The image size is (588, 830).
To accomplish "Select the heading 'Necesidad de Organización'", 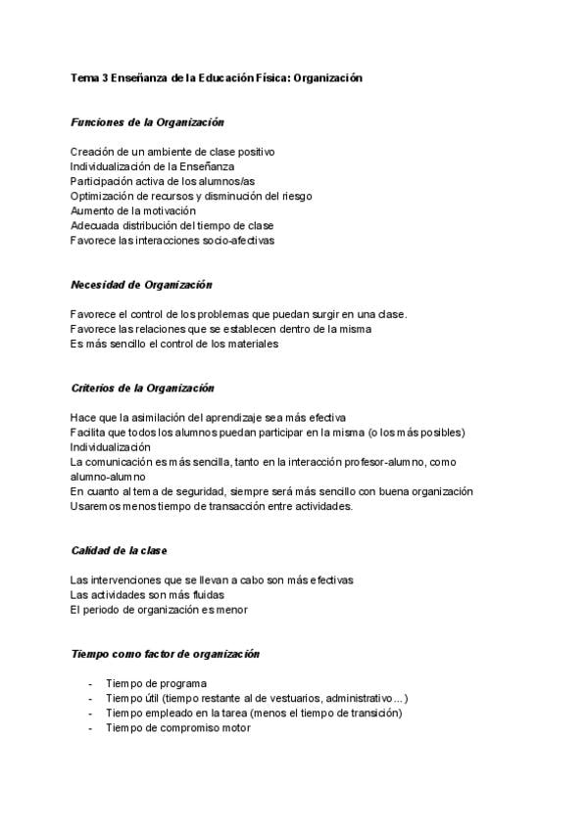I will [x=141, y=285].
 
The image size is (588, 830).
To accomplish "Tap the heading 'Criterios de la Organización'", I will [x=143, y=389].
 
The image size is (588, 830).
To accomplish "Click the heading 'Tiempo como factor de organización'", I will [x=165, y=653].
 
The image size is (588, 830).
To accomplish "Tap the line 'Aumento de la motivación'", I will [x=133, y=210].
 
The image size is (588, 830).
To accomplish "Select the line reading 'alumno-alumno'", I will [x=107, y=477].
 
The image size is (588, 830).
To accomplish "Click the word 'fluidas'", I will [x=205, y=594].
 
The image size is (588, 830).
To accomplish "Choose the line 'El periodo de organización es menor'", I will [x=159, y=609].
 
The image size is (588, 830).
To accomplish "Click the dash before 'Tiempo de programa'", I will [x=90, y=683].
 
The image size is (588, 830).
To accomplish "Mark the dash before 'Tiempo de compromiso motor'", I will [x=90, y=727].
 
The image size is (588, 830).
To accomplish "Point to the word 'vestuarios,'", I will [x=283, y=698].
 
